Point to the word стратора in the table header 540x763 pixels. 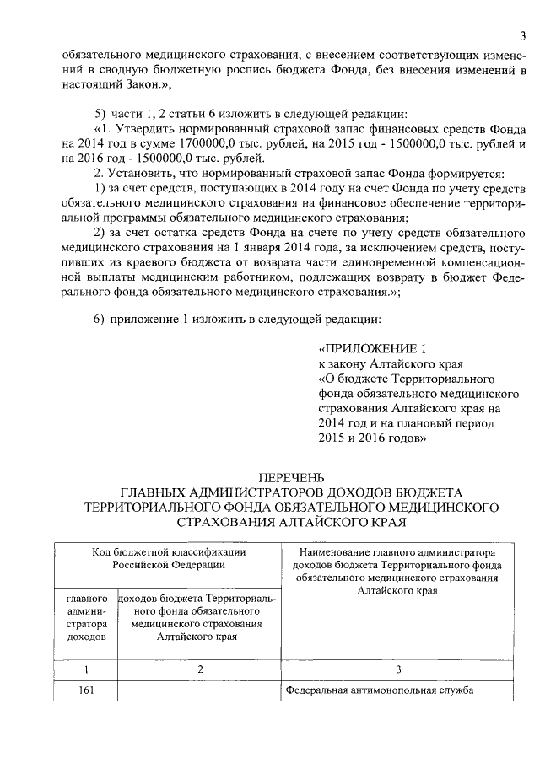pyautogui.click(x=86, y=625)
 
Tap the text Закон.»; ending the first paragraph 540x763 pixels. pyautogui.click(x=124, y=85)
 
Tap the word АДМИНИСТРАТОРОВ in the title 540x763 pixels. pyautogui.click(x=262, y=492)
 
